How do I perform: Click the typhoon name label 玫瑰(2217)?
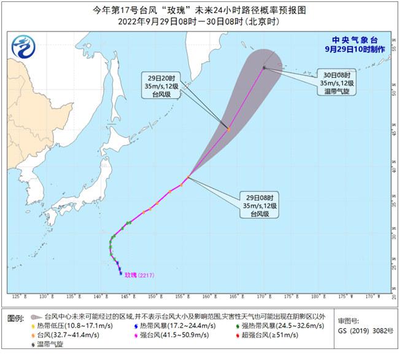(x=140, y=275)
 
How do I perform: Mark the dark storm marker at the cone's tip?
(x=264, y=67)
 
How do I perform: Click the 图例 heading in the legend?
(x=15, y=321)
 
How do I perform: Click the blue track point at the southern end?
(x=120, y=273)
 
